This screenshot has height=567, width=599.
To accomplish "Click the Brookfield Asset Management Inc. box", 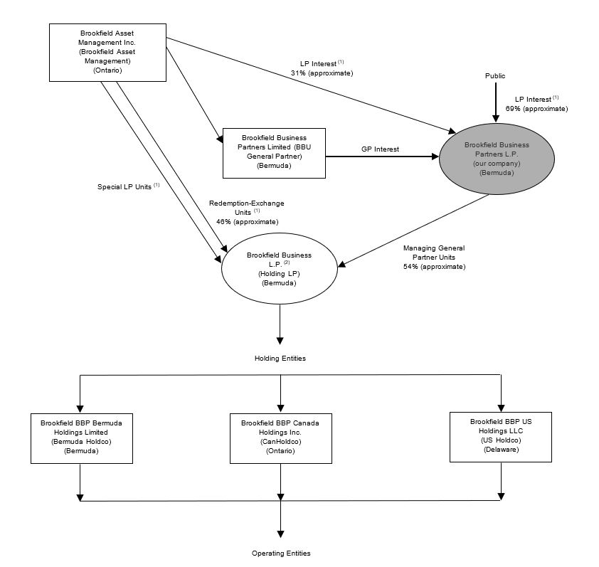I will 107,52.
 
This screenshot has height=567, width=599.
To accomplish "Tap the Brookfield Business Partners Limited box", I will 274,153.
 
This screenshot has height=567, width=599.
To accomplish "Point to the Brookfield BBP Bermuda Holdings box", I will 81,437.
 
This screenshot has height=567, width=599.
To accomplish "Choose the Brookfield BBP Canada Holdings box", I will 280,437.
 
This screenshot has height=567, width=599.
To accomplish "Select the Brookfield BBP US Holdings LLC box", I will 500,436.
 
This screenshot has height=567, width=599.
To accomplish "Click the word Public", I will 495,75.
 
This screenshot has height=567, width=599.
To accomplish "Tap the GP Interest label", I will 381,149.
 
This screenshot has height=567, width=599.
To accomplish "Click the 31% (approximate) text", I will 322,73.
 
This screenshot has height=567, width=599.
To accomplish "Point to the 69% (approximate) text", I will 536,109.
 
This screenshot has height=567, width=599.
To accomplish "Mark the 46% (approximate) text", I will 247,221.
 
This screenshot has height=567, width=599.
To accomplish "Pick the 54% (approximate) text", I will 434,266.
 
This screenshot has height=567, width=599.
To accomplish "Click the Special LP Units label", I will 126,187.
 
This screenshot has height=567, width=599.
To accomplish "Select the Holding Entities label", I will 280,358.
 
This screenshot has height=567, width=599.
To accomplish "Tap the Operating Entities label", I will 281,553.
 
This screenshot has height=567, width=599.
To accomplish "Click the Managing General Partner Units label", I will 434,253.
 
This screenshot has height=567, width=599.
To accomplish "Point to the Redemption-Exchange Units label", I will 247,208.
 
